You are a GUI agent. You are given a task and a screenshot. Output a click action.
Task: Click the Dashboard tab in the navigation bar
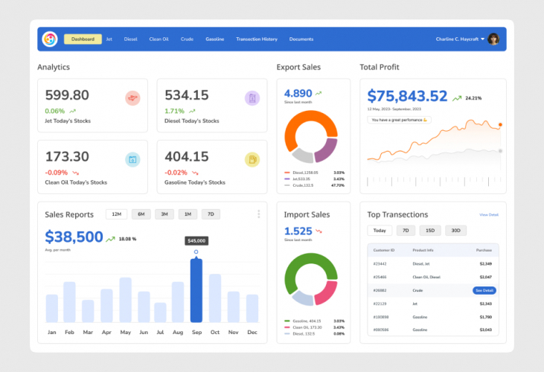[x=83, y=39]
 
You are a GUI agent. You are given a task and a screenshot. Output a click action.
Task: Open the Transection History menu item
[x=256, y=39]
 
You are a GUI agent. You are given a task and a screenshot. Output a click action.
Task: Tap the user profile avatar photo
[x=493, y=39]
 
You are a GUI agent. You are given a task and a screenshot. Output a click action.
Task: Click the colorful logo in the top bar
[x=50, y=39]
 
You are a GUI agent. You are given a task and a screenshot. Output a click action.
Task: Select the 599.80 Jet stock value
[x=67, y=95]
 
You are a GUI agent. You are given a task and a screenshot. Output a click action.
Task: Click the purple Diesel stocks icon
[x=252, y=97]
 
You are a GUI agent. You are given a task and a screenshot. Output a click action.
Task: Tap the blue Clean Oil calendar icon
[x=132, y=159]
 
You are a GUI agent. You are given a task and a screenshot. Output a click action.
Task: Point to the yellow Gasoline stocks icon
[x=252, y=159]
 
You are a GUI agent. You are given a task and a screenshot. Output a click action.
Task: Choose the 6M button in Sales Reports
[x=141, y=214]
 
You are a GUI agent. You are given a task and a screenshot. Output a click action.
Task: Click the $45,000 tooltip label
[x=196, y=241]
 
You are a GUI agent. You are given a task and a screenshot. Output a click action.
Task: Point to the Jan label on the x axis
[x=52, y=332]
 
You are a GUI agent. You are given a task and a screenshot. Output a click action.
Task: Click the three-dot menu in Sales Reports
[x=259, y=214]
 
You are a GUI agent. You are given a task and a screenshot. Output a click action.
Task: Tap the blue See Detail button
[x=484, y=290]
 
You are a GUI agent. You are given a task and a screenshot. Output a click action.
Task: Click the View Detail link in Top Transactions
[x=489, y=214]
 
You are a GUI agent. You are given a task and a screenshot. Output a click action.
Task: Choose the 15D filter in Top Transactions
[x=430, y=231]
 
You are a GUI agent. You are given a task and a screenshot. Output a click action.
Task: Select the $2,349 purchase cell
[x=485, y=263]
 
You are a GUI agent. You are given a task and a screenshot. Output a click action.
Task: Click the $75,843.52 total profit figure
[x=407, y=96]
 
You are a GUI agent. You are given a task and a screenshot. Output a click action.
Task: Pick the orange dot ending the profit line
[x=500, y=125]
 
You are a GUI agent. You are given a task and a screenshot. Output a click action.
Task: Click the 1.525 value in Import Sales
[x=298, y=231]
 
